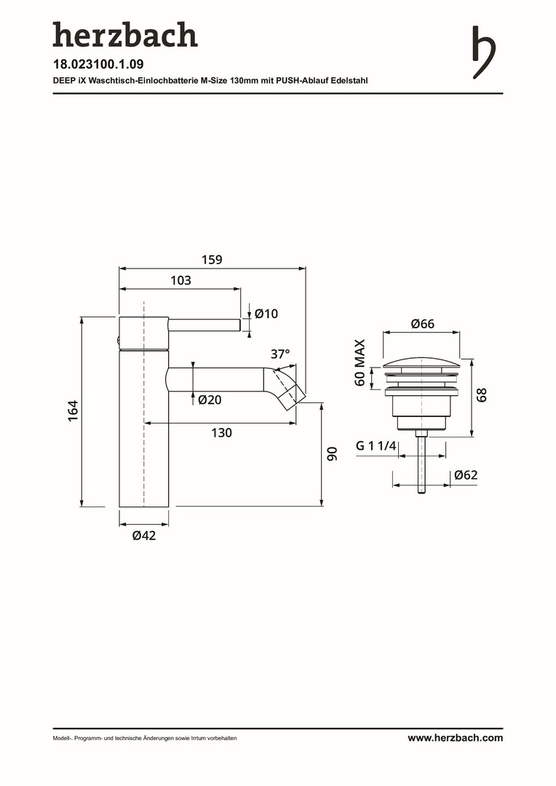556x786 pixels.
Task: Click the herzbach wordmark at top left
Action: pyautogui.click(x=125, y=35)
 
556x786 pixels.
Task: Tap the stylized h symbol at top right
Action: pyautogui.click(x=484, y=52)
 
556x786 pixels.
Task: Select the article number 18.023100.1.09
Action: pyautogui.click(x=98, y=64)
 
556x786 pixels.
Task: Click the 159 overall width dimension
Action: pyautogui.click(x=212, y=260)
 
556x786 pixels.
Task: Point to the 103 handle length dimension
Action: pyautogui.click(x=180, y=280)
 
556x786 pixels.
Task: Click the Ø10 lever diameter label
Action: pyautogui.click(x=266, y=314)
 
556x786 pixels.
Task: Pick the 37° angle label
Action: pyautogui.click(x=280, y=354)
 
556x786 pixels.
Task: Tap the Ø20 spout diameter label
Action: pyautogui.click(x=210, y=400)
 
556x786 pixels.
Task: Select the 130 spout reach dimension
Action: pyautogui.click(x=221, y=432)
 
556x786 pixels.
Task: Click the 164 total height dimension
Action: pyautogui.click(x=74, y=410)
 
